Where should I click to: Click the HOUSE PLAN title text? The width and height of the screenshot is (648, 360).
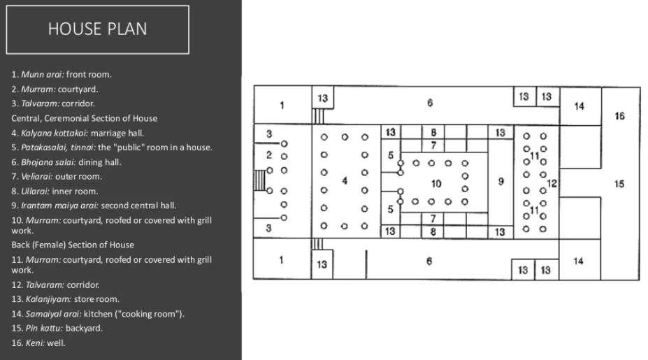coord(97,29)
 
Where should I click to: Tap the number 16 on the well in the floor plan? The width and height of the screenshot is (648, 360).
coord(619,116)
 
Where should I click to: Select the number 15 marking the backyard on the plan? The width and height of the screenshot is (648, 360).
coord(619,184)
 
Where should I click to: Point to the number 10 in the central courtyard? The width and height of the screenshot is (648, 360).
coord(436,184)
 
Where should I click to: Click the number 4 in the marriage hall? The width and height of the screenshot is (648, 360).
coord(344,181)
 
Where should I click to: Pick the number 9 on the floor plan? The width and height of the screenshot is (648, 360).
coord(501,182)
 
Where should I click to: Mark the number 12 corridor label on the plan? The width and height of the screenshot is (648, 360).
coord(552,184)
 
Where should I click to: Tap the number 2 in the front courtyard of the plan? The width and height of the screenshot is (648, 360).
coord(269,155)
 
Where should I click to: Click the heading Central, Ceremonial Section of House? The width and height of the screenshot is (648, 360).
coord(84,118)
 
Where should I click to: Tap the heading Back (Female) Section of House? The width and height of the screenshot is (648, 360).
coord(73,245)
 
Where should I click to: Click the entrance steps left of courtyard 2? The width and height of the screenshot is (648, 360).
coord(259,180)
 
